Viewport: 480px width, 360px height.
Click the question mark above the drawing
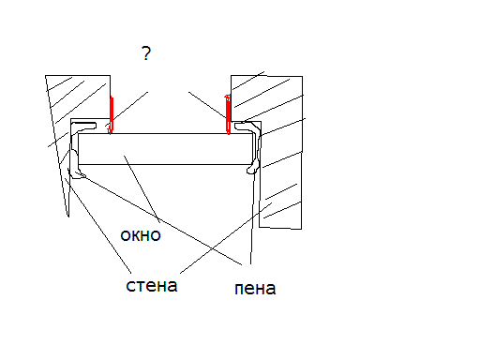click(146, 53)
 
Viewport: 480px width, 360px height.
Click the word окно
click(141, 235)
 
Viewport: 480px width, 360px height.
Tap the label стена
click(152, 285)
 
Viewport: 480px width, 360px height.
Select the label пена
click(255, 289)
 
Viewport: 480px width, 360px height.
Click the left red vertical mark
click(111, 115)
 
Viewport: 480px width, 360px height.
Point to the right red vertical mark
click(228, 114)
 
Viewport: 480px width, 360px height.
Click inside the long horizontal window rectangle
click(165, 149)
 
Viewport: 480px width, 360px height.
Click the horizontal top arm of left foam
click(84, 126)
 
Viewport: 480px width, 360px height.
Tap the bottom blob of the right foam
click(253, 169)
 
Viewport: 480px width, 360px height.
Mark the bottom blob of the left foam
click(77, 172)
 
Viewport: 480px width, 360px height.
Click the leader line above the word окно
click(142, 188)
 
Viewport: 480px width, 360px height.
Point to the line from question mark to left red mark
click(127, 109)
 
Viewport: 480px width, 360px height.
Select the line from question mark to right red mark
click(207, 105)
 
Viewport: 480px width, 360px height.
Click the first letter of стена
click(130, 286)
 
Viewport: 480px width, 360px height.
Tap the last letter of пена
click(271, 289)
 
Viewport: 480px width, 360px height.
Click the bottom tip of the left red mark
click(110, 134)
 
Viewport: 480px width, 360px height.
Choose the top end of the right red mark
click(228, 96)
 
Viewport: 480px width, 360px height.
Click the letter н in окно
click(146, 235)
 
